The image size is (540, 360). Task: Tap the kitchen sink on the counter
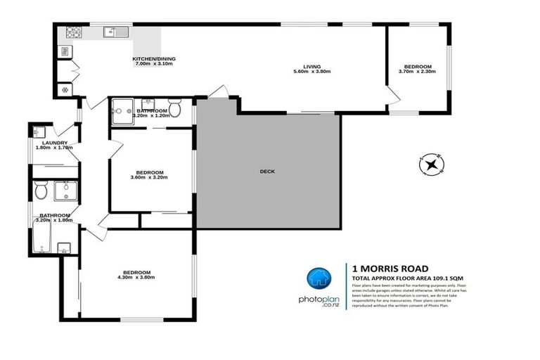pos(112,32)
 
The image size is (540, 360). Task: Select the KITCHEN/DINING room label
pos(154,58)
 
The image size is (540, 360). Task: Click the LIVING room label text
pos(311,66)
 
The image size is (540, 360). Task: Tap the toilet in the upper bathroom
pos(176,110)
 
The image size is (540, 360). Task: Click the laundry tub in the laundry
pos(38,131)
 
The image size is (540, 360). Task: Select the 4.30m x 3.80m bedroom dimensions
pos(136,278)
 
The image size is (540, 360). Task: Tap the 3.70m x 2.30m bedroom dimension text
pos(414,72)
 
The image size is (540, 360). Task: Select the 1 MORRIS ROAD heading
pos(384,269)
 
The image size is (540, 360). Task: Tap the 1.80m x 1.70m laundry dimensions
pos(53,148)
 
